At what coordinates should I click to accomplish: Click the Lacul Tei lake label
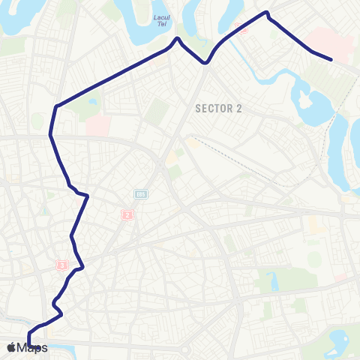coord(159,19)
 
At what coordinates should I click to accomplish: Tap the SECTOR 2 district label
coord(218,108)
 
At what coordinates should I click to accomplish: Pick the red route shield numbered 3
coord(62,265)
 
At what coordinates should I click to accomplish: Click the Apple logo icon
coord(11,347)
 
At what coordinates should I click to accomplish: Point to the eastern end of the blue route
coord(331,58)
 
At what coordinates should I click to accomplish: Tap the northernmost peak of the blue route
coord(266,12)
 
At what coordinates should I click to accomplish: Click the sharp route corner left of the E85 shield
coord(88,196)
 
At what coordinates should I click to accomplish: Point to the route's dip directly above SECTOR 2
coord(205,64)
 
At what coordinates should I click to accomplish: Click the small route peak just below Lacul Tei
coord(178,38)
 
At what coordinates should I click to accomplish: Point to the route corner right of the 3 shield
coord(82,265)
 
